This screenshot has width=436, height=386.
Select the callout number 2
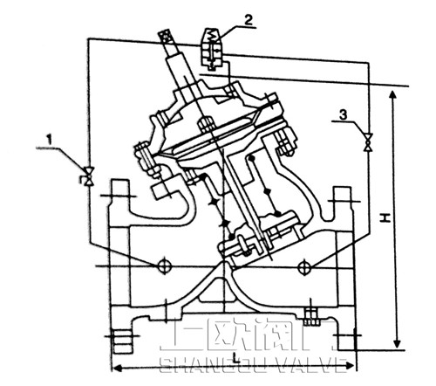[x=224, y=18]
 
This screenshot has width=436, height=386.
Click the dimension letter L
[x=237, y=357]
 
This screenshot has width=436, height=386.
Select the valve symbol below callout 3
[x=367, y=140]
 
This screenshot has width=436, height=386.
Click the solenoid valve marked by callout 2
[x=209, y=47]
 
